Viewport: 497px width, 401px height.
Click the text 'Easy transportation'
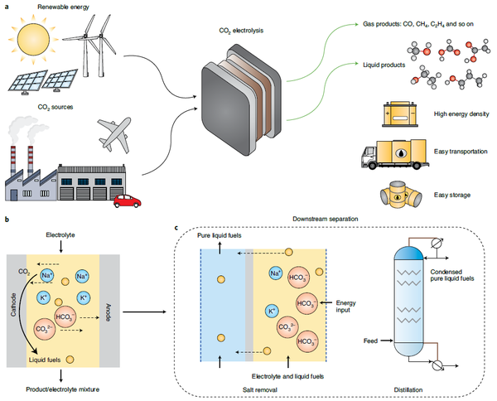461,152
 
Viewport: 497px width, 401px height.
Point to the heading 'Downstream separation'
325,220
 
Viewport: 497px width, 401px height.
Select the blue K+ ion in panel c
273,312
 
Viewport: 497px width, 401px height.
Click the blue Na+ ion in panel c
276,273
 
